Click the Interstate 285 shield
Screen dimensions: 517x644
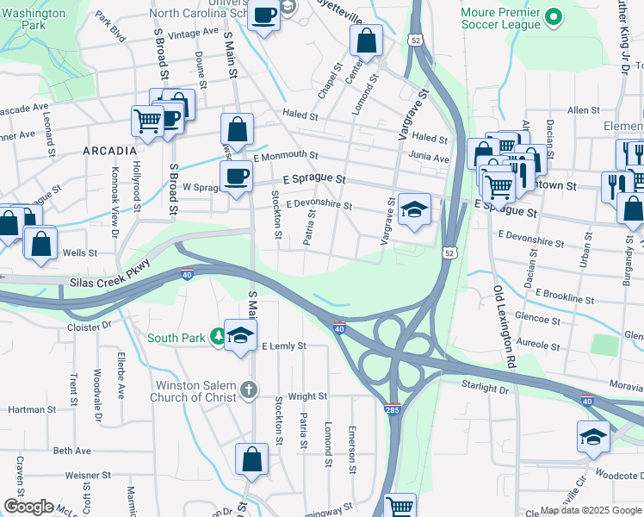[x=393, y=407]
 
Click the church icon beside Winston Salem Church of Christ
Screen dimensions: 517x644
[x=249, y=389]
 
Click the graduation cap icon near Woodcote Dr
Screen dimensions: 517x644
[x=593, y=437]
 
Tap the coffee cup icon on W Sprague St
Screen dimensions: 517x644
[x=236, y=178]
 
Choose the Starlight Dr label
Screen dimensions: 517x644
[x=486, y=389]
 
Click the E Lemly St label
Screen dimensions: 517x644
[x=283, y=346]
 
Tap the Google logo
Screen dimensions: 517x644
[x=28, y=507]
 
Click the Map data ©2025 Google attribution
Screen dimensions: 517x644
[x=590, y=510]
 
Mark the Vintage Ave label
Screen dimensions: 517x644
[x=195, y=32]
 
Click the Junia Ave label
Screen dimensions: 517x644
[x=429, y=159]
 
